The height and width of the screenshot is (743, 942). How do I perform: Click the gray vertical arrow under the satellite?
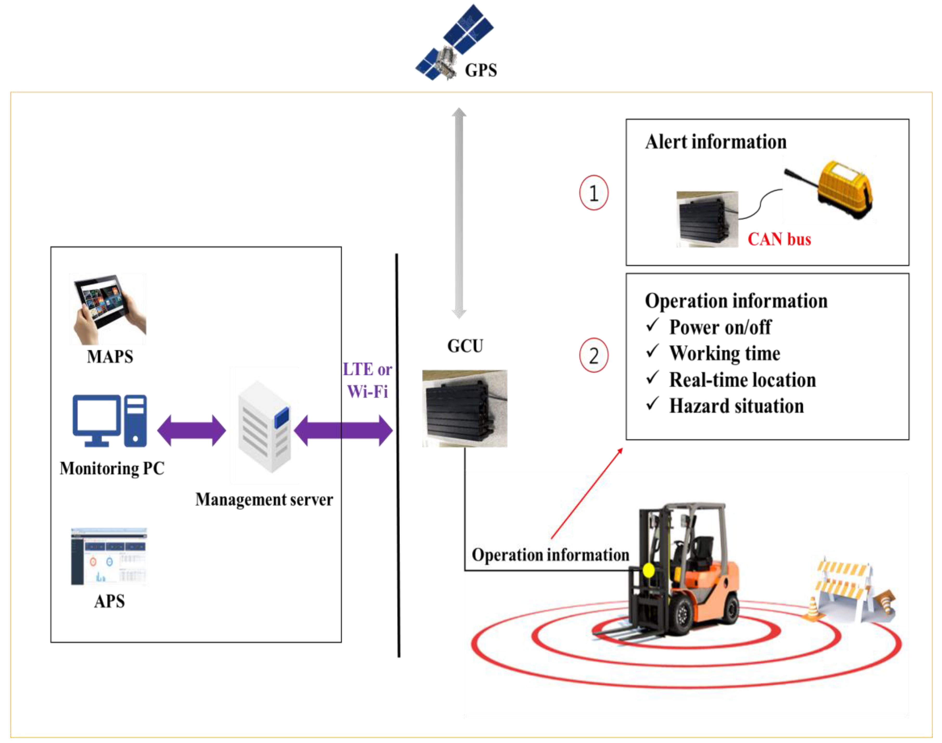tap(459, 213)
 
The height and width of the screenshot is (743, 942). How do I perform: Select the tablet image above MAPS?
tap(108, 309)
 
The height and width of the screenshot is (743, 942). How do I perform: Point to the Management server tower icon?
tap(264, 426)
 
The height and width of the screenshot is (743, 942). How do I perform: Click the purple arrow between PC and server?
tap(192, 431)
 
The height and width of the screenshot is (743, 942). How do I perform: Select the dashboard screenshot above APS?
tap(109, 557)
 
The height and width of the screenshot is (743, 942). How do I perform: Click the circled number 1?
tap(593, 193)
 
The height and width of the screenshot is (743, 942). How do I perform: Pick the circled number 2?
tap(593, 355)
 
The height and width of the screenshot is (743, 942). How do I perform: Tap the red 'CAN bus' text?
tap(779, 239)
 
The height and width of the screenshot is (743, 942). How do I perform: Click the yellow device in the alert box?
tap(844, 189)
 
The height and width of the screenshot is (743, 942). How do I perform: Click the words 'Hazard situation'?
tap(736, 406)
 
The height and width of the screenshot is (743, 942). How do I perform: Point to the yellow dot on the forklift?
tap(648, 570)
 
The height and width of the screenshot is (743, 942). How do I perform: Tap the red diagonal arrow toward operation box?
tap(587, 494)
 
